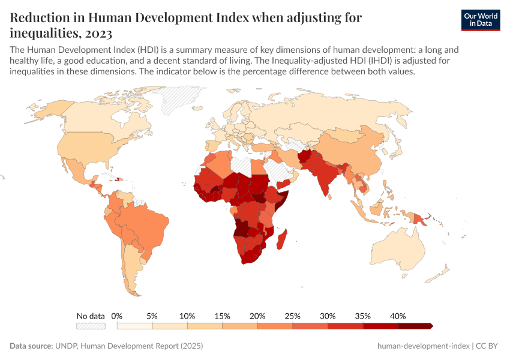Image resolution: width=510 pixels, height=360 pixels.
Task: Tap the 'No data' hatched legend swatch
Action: pyautogui.click(x=91, y=326)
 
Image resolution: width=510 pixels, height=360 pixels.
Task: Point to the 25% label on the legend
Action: pyautogui.click(x=292, y=316)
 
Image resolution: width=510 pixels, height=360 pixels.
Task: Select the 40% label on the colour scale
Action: pyautogui.click(x=398, y=316)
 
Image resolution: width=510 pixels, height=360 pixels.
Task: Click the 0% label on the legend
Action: pyautogui.click(x=117, y=316)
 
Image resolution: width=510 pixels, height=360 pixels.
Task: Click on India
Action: pyautogui.click(x=326, y=180)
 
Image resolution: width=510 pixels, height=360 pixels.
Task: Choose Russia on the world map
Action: pyautogui.click(x=336, y=114)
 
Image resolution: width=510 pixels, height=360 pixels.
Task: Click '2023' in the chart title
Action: pyautogui.click(x=97, y=32)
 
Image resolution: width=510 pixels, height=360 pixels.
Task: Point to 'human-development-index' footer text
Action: pyautogui.click(x=423, y=346)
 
